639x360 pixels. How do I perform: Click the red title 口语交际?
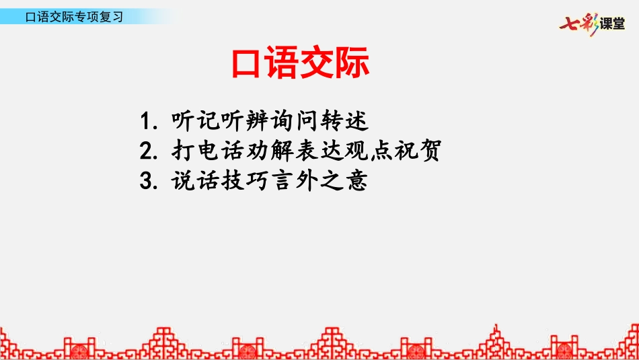coord(301,63)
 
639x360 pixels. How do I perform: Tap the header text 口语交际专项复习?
coord(74,17)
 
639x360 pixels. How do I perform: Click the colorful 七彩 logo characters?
coord(578,24)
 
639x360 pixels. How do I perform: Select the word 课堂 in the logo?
coord(612,24)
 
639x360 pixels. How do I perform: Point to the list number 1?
coord(147,121)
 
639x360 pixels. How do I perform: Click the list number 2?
coord(148,151)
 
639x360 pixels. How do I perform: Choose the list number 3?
coord(148,180)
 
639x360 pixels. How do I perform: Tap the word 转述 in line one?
coord(344,120)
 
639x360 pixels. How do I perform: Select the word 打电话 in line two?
coord(207,151)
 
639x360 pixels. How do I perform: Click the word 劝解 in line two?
coord(269,151)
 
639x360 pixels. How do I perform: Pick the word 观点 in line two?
coord(369,151)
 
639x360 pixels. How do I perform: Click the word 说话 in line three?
coord(195,180)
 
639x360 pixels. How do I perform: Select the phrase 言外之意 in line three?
coord(319,180)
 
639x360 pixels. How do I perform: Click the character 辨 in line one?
coord(257,120)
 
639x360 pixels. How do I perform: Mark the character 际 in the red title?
coord(352,63)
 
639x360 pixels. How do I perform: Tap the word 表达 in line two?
coord(319,151)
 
